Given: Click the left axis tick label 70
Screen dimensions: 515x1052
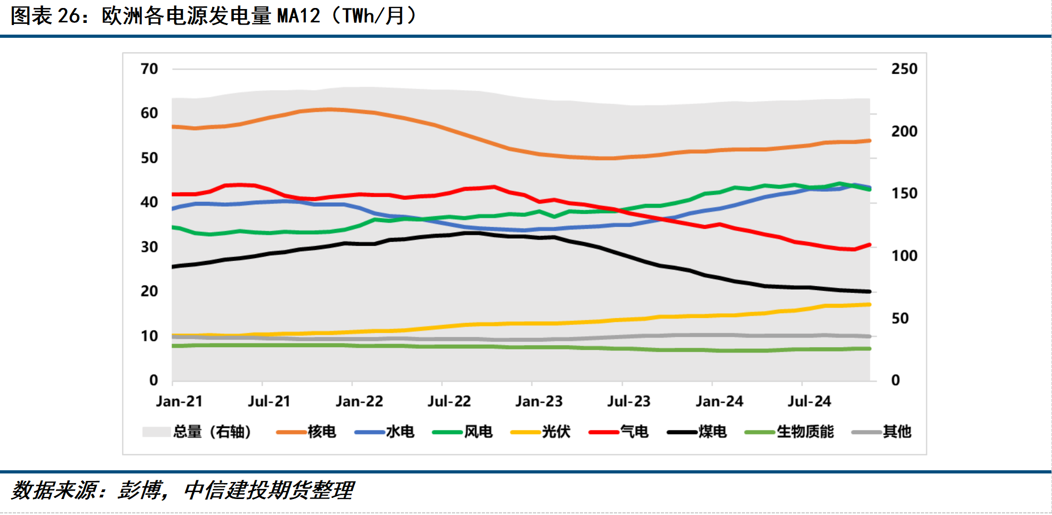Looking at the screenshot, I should coord(149,69).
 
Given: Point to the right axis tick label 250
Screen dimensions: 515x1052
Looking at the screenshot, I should coord(904,69).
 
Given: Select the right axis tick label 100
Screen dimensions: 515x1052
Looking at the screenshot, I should coord(904,256).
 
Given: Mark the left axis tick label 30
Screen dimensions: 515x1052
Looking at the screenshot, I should coord(149,247).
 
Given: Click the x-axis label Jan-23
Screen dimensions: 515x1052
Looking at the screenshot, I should coord(539,401).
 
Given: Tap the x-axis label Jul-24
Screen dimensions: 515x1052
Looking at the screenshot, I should coord(809,401).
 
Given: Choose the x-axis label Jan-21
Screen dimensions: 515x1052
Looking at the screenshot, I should coord(179,401).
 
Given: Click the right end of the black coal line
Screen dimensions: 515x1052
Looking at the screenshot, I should coord(869,291).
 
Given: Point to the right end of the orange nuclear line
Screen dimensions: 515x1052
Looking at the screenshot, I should coord(869,141).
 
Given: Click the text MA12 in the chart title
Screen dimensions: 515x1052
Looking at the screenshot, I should coord(299,16).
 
